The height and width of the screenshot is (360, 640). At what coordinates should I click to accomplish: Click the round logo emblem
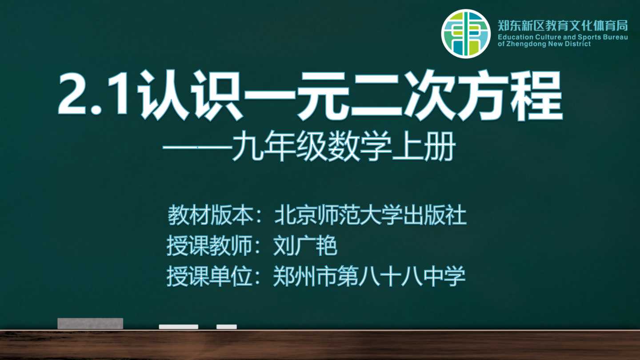tap(466, 34)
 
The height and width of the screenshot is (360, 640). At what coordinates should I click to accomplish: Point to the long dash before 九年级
tap(197, 148)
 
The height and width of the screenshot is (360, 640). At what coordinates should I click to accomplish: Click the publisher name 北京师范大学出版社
tap(370, 215)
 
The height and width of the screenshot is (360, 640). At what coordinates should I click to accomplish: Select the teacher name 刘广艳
tap(305, 246)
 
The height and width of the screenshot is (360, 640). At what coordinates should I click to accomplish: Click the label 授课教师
tap(210, 246)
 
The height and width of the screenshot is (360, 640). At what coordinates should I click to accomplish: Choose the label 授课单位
tap(210, 276)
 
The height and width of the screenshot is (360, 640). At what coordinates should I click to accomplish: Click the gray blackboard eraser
tap(90, 324)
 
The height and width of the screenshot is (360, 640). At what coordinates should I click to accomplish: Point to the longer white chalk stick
tap(179, 327)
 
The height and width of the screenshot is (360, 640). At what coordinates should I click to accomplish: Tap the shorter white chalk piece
tap(227, 327)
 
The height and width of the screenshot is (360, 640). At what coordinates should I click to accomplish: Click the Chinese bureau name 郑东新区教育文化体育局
tap(563, 25)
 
